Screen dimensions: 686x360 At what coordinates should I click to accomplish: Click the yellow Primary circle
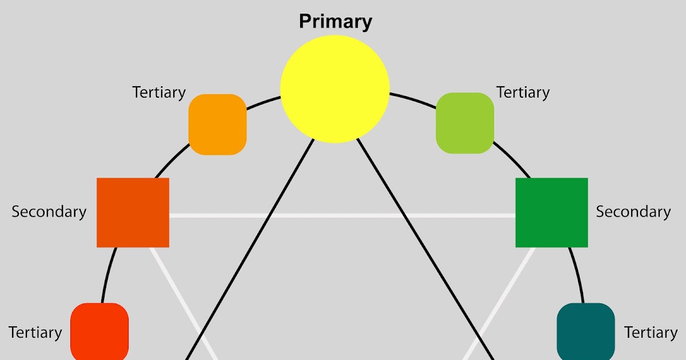[335, 88]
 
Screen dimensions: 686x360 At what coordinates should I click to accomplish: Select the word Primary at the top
[336, 22]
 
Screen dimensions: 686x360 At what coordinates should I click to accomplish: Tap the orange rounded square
[217, 125]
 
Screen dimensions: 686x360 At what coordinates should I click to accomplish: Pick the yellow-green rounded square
[465, 123]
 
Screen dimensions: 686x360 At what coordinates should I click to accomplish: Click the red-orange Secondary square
[133, 213]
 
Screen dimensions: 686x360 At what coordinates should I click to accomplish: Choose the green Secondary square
[552, 213]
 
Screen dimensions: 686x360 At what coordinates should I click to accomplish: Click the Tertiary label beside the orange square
[159, 92]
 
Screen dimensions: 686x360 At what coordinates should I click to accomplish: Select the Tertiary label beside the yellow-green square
[523, 92]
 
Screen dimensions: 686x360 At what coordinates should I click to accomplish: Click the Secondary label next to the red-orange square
[49, 211]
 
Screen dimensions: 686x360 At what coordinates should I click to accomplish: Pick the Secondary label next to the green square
[633, 211]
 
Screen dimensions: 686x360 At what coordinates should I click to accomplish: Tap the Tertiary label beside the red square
[35, 332]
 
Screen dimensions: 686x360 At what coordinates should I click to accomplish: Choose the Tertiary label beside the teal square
[651, 332]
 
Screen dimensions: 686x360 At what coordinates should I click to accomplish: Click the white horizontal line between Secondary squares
[343, 215]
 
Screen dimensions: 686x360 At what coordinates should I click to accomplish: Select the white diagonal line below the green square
[501, 303]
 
